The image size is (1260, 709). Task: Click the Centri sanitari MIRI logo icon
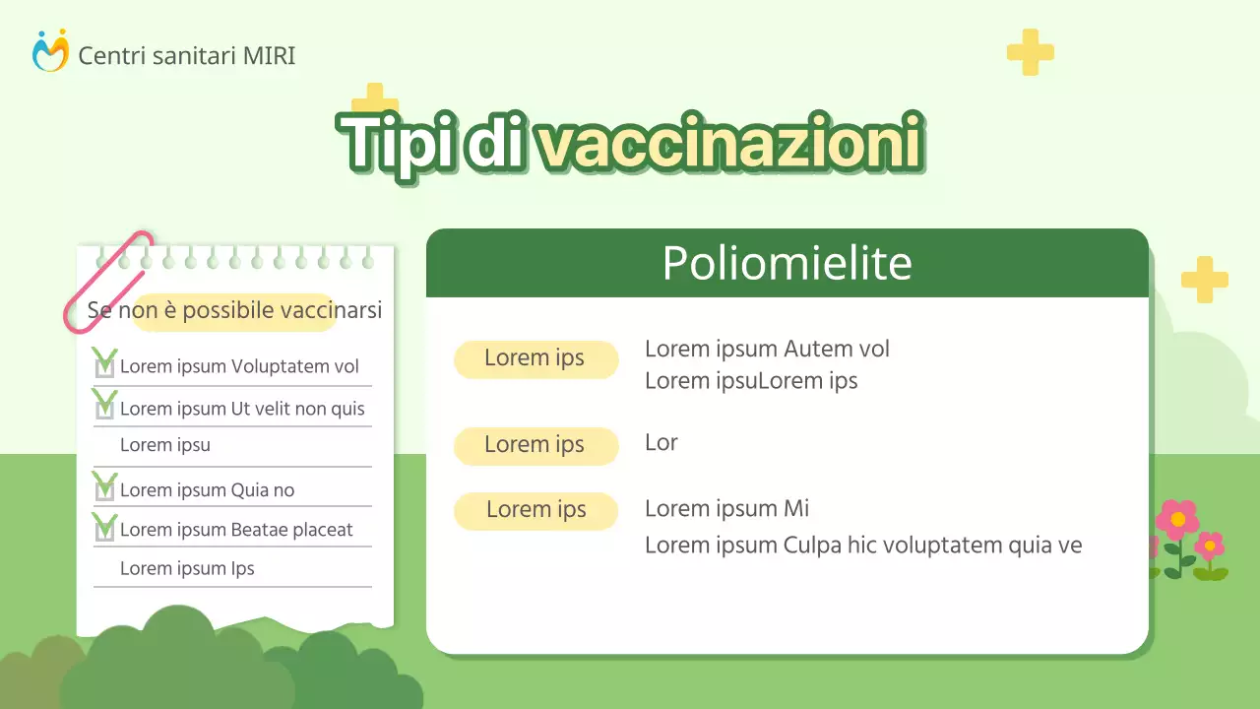[x=50, y=51]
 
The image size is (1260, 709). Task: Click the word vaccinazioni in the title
[x=729, y=144]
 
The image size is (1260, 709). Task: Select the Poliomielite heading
[x=787, y=263]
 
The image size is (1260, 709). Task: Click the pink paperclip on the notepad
[x=106, y=281]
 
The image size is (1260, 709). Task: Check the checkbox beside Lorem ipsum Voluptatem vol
[x=104, y=366]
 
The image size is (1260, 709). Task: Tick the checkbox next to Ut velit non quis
[x=104, y=407]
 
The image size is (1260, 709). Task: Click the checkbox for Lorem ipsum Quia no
[x=104, y=489]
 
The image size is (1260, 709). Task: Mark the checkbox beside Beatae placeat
[x=104, y=529]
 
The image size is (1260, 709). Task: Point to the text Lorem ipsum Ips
[x=187, y=568]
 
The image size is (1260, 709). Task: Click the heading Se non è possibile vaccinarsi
[x=234, y=311]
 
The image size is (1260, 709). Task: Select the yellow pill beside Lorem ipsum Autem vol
[x=535, y=359]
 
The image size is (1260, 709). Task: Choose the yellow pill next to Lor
[x=535, y=445]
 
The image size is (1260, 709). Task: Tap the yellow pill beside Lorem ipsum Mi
[x=535, y=510]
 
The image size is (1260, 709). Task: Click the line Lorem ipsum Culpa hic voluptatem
[x=862, y=545]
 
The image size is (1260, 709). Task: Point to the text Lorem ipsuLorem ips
[x=751, y=381]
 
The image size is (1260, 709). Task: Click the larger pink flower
[x=1176, y=520]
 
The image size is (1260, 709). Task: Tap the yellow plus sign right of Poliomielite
[x=1204, y=280]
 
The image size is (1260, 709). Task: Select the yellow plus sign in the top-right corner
[x=1030, y=52]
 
